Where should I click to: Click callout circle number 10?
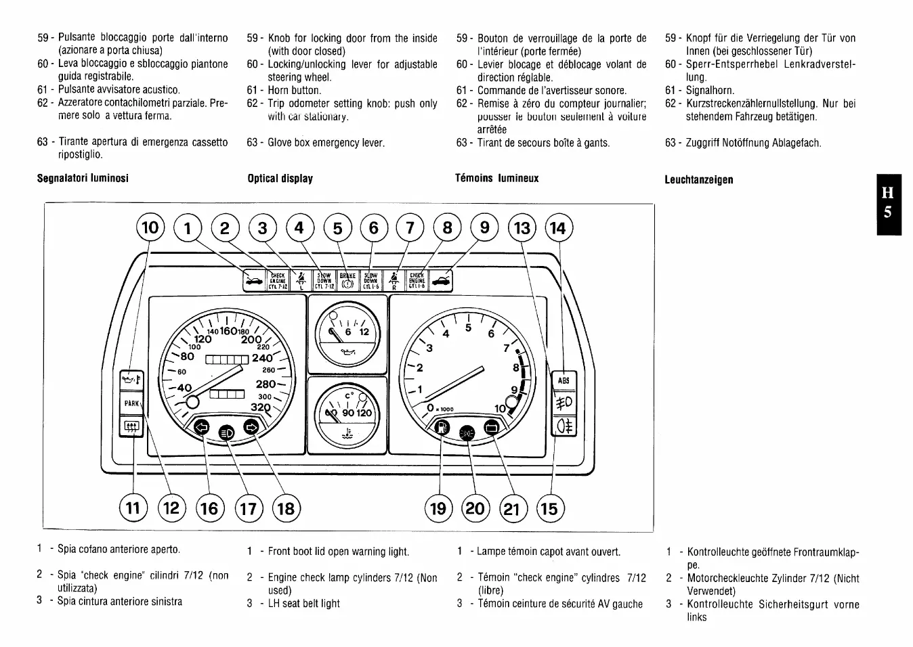click(150, 227)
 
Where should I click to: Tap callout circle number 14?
click(558, 228)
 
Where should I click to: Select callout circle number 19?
click(438, 508)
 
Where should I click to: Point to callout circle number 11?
click(133, 508)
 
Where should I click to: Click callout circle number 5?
click(337, 228)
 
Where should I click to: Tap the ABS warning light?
click(564, 380)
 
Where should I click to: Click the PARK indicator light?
click(131, 404)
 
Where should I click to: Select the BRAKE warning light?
click(347, 280)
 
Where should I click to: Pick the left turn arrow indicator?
click(202, 427)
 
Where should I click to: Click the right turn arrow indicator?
click(251, 427)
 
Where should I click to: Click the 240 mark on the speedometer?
click(262, 359)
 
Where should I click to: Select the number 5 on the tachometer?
click(467, 328)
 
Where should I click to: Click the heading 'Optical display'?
click(280, 179)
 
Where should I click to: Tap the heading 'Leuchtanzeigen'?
click(699, 179)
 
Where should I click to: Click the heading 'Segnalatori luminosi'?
click(83, 178)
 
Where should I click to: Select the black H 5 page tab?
click(889, 204)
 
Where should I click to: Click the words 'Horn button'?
click(295, 90)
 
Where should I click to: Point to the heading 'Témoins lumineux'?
click(497, 178)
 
